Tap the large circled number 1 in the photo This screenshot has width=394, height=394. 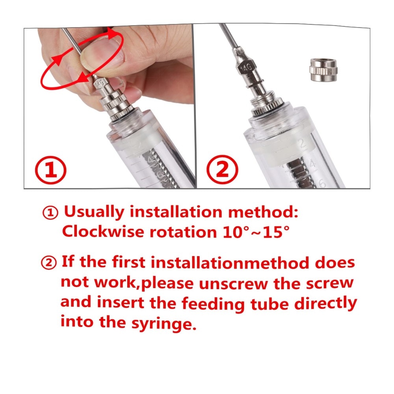(x=51, y=170)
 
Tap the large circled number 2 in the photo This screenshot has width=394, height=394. (x=223, y=169)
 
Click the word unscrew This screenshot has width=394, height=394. (x=233, y=284)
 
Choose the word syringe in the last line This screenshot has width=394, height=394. (x=164, y=323)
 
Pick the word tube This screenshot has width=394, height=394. (x=269, y=303)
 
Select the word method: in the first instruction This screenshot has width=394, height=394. (x=263, y=212)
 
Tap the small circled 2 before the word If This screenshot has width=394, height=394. (x=48, y=263)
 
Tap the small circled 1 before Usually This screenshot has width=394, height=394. (x=50, y=213)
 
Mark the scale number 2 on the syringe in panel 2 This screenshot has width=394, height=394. (x=302, y=144)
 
